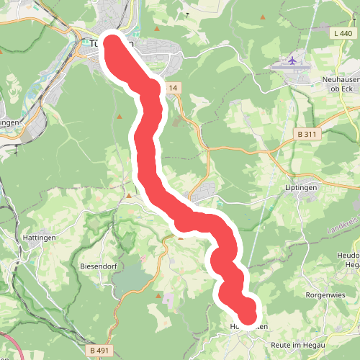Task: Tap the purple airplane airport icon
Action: pos(292,60)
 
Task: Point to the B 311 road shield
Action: pos(307,134)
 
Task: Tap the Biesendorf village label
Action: pos(93,264)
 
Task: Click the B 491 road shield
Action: pos(101,350)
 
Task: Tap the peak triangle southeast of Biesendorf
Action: pos(158,294)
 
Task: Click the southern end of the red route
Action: pos(248,315)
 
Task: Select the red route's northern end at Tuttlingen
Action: pos(112,42)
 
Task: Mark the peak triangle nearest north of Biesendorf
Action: pos(129,194)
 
